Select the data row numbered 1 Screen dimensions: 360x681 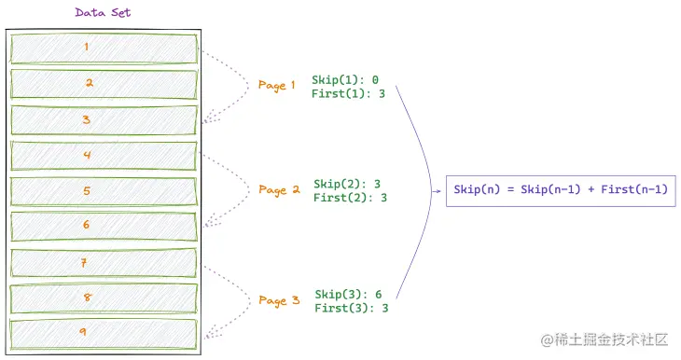click(104, 48)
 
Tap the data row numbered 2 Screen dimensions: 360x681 click(104, 83)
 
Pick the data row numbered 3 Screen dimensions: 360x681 click(104, 119)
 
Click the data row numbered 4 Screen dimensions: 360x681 click(104, 155)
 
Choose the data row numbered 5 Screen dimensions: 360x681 click(104, 191)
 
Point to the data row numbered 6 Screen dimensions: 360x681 click(104, 226)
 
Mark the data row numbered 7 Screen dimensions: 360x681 click(104, 262)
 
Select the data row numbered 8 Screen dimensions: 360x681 click(104, 298)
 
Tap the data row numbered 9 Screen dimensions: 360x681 click(104, 333)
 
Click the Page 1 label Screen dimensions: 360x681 click(277, 86)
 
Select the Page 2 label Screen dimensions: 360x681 click(279, 190)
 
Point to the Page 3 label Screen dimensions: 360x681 click(279, 300)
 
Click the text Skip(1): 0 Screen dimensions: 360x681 click(345, 80)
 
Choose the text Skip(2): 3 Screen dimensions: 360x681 click(347, 185)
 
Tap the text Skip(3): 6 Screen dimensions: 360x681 click(348, 295)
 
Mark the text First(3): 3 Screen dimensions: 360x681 click(352, 308)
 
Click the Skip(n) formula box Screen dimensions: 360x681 click(560, 190)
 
